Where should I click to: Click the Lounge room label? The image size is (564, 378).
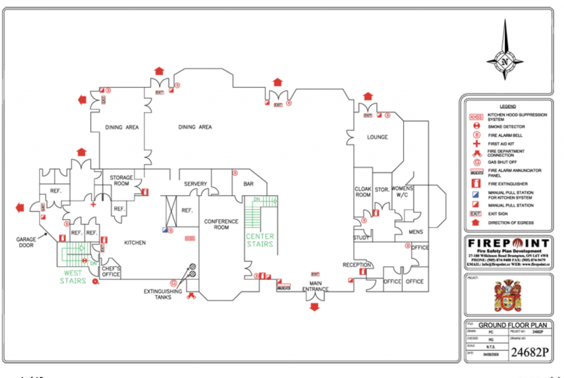click(x=377, y=137)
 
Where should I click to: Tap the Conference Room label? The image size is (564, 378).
click(x=221, y=224)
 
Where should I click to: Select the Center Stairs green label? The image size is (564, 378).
click(x=260, y=240)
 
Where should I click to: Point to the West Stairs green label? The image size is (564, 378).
click(x=73, y=277)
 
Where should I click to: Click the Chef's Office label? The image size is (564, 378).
click(x=111, y=271)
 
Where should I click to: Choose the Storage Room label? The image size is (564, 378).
click(x=121, y=180)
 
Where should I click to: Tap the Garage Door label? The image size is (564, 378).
click(x=26, y=242)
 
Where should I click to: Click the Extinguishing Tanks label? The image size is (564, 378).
click(x=163, y=294)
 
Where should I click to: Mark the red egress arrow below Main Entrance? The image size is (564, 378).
click(x=314, y=307)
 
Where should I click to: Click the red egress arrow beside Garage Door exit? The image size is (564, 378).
click(x=20, y=208)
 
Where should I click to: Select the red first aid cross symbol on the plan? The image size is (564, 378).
click(x=93, y=205)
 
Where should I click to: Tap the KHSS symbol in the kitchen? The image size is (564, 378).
click(x=190, y=238)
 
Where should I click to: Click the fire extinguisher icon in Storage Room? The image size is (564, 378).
click(x=145, y=192)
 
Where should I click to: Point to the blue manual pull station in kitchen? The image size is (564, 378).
click(x=165, y=230)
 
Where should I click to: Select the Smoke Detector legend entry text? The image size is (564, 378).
click(x=506, y=127)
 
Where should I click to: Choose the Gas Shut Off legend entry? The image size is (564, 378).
click(x=502, y=162)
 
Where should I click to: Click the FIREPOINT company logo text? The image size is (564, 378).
click(x=508, y=243)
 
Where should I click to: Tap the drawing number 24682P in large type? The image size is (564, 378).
click(x=530, y=352)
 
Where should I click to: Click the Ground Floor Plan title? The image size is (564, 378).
click(x=512, y=325)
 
